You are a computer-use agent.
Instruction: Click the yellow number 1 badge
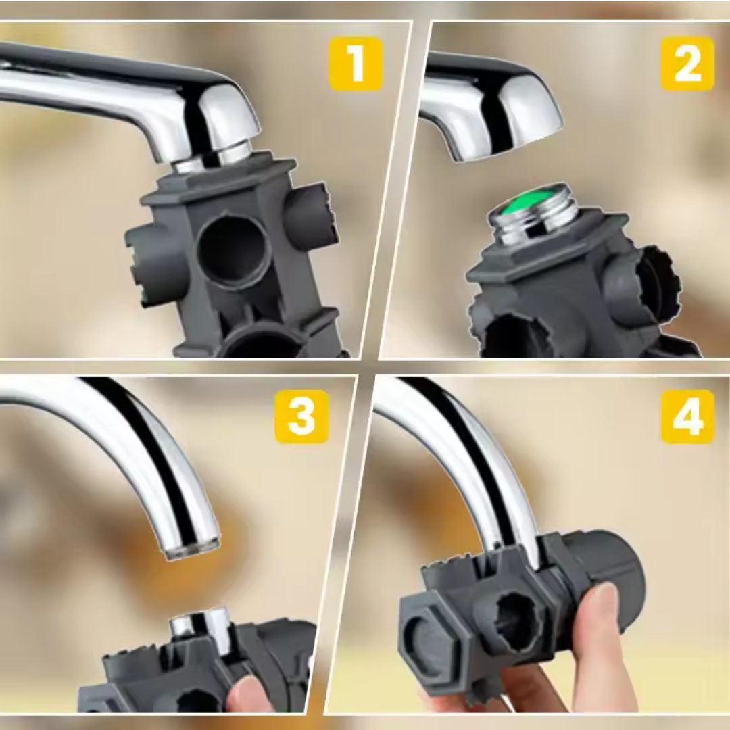point(356,64)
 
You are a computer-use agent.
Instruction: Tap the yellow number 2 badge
point(687,64)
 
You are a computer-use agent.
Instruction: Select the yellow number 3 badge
point(301,416)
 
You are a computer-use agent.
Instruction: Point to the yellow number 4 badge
point(687,416)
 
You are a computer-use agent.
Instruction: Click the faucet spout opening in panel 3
point(192,550)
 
